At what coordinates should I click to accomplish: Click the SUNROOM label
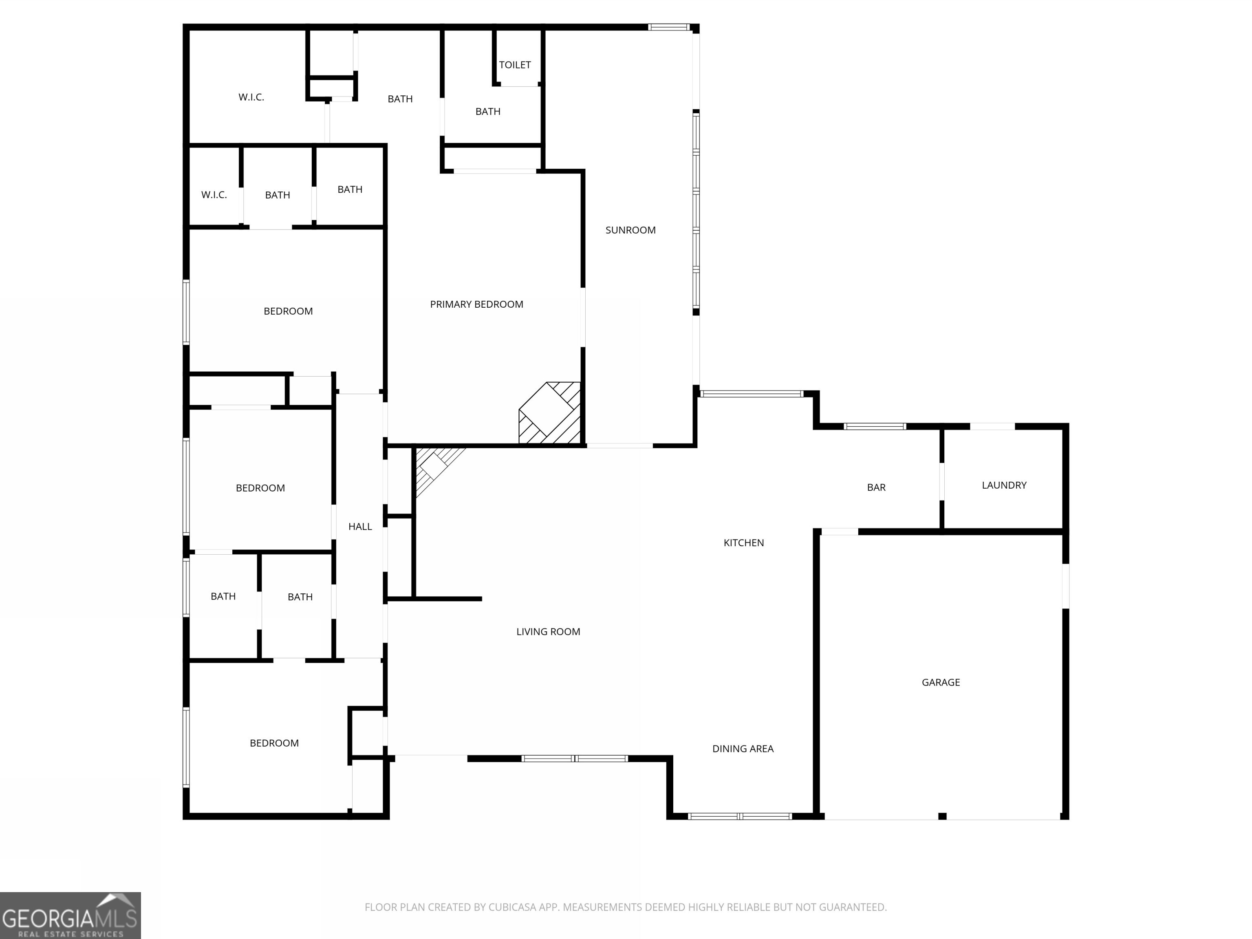(630, 230)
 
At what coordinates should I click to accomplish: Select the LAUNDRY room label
(1003, 485)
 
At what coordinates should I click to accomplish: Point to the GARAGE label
(940, 682)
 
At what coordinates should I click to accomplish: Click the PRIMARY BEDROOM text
(476, 304)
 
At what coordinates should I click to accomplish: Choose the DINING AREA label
(742, 748)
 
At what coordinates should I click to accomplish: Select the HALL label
(359, 527)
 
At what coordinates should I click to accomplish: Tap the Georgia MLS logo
(70, 915)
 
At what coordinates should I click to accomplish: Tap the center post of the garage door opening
(942, 816)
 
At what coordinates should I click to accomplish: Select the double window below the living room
(575, 758)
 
